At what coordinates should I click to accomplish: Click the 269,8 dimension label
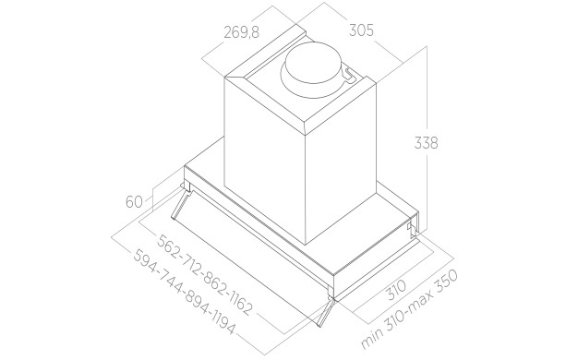242,33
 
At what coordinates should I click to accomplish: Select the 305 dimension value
361,30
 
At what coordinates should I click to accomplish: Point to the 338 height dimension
427,142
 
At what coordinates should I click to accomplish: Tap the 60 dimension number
134,202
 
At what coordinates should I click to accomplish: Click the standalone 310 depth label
397,290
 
